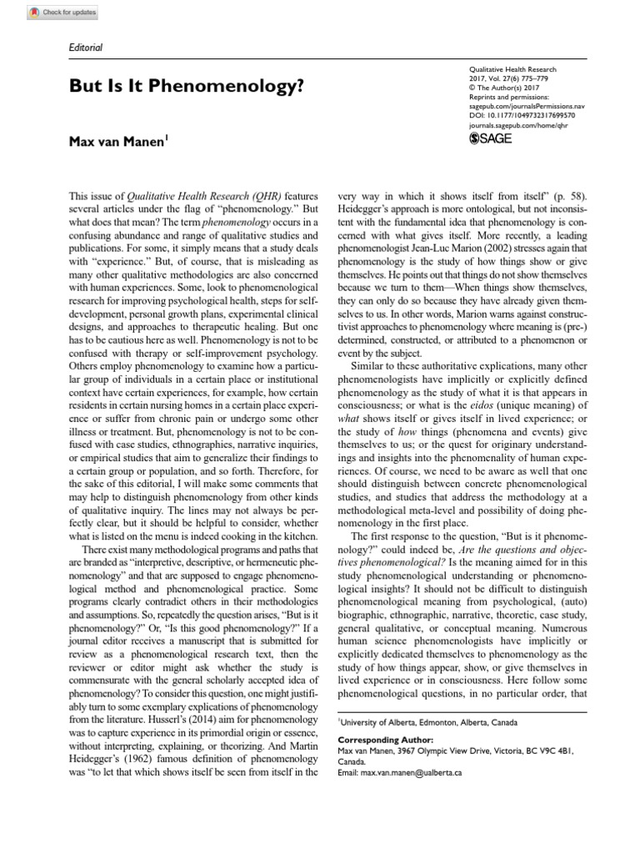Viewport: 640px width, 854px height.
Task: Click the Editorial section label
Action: [86, 48]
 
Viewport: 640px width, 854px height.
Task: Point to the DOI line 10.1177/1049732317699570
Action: [517, 106]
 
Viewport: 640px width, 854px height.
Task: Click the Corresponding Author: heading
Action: [386, 740]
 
